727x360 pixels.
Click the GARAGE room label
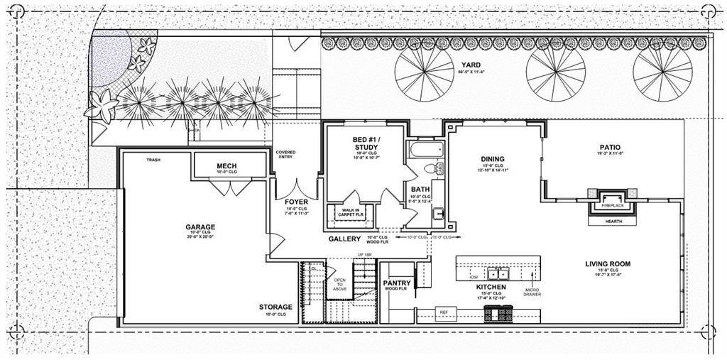click(x=199, y=228)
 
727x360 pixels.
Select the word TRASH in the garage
click(x=153, y=160)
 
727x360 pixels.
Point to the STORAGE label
click(x=276, y=307)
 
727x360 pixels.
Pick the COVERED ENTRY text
click(x=287, y=155)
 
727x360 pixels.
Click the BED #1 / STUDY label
click(x=365, y=142)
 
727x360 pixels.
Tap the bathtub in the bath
click(x=425, y=150)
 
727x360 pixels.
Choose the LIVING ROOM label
click(x=608, y=264)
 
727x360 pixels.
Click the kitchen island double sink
click(x=498, y=273)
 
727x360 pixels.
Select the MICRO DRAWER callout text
click(x=532, y=291)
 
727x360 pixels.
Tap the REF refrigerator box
click(x=444, y=312)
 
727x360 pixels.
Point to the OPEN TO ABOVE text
click(x=340, y=284)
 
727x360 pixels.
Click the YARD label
click(x=471, y=65)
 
